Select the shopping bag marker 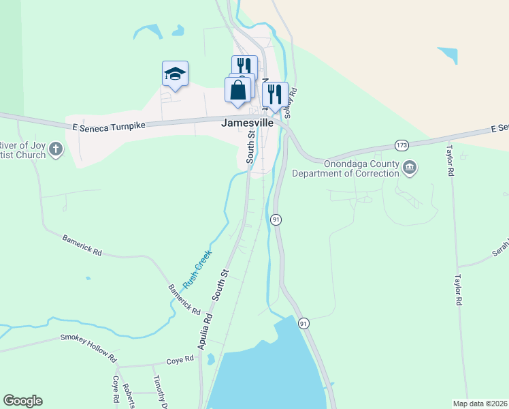237,91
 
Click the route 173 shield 402,145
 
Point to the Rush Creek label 197,270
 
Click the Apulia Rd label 206,332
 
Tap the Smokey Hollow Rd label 88,348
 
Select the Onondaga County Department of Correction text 346,168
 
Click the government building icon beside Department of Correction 410,168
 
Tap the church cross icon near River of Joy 56,148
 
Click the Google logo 22,401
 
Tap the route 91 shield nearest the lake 304,322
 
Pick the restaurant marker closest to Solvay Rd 275,95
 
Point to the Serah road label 500,251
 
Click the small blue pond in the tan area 448,55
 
